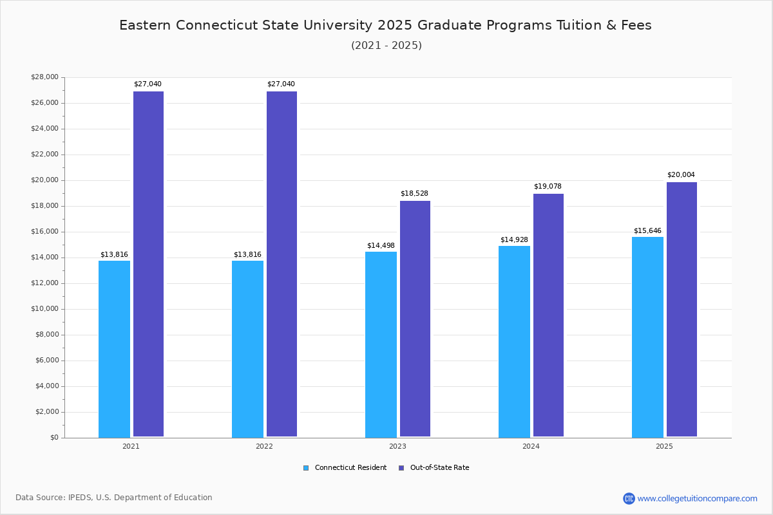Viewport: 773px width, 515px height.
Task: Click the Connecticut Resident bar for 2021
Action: (x=114, y=349)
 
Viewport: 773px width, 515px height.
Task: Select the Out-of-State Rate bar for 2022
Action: (x=282, y=264)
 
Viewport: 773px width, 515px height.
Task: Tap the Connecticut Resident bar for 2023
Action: (x=381, y=344)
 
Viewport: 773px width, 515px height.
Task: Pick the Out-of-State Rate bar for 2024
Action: (x=548, y=315)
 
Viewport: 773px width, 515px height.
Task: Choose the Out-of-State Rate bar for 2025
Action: (x=682, y=310)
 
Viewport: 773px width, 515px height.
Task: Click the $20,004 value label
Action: (x=681, y=175)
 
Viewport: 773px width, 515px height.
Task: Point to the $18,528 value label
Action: (x=414, y=194)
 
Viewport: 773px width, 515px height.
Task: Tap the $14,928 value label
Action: (x=514, y=240)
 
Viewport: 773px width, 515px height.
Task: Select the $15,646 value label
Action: (x=647, y=231)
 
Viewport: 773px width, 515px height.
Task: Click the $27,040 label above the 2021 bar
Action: (x=148, y=84)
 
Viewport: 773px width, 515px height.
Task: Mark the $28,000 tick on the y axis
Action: (x=44, y=77)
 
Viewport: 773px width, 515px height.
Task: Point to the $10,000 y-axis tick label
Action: (x=44, y=309)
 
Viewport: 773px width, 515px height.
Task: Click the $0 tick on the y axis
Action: (x=53, y=438)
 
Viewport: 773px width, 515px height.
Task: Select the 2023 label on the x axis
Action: (x=397, y=446)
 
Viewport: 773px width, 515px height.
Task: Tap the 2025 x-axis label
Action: (x=664, y=446)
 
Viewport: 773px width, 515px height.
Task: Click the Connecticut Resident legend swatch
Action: (x=306, y=468)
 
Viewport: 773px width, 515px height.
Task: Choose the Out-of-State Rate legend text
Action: (x=439, y=468)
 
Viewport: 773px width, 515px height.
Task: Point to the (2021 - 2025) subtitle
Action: (x=386, y=46)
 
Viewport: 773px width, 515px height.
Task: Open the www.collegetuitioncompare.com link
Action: (x=697, y=498)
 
